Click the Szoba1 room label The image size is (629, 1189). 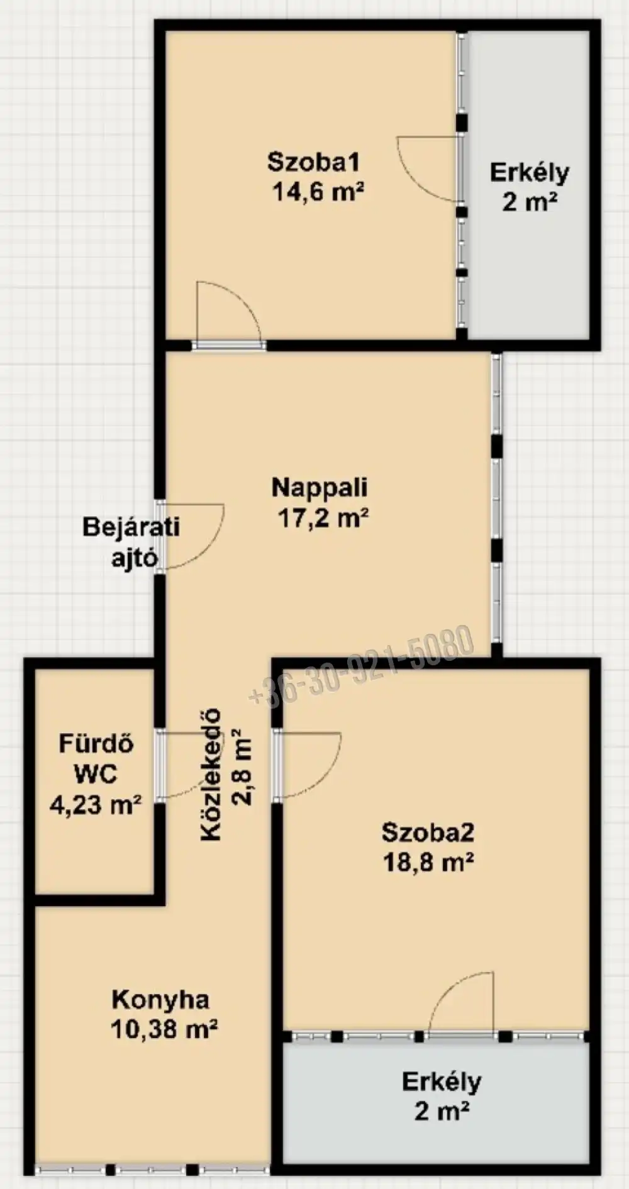point(313,162)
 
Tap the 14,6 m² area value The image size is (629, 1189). point(318,191)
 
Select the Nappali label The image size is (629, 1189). point(320,487)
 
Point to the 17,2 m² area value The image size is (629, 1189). point(323,518)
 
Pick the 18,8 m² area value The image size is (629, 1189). point(428,861)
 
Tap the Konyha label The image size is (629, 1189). point(160,999)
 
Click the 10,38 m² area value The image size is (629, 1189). point(164,1029)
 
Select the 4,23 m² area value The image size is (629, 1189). point(96,804)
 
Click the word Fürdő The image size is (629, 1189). point(96,744)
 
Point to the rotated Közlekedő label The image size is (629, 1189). point(211,775)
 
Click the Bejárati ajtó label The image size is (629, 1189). point(131,542)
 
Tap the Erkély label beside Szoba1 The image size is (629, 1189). point(530,172)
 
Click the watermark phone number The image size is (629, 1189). point(361,666)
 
